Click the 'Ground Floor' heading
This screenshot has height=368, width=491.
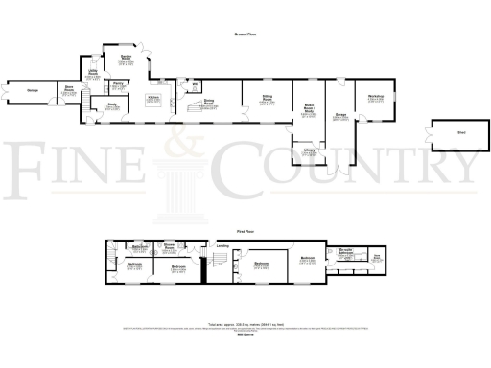[245, 34]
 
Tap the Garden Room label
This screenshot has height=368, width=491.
[125, 57]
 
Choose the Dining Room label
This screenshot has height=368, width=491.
[209, 102]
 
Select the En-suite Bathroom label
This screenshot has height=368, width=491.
[348, 250]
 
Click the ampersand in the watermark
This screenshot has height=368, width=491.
[178, 146]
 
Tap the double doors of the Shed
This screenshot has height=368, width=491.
[433, 138]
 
